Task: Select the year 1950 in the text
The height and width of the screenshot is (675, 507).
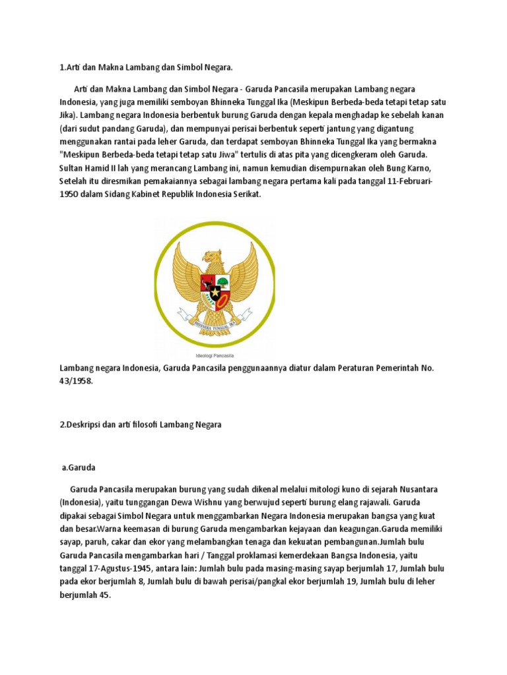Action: tap(70, 195)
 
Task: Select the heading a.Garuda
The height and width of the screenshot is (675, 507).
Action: tap(79, 467)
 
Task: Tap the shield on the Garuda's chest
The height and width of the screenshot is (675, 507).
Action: tap(215, 287)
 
